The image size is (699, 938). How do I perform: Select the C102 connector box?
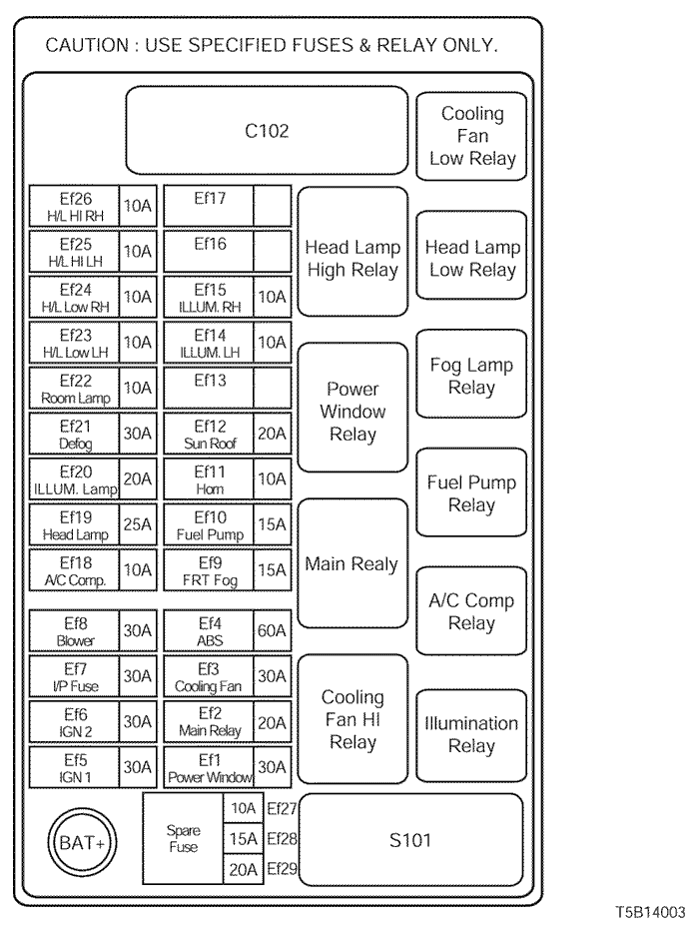[267, 131]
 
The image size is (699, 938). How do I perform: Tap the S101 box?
[410, 839]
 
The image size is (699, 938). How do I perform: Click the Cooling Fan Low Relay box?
[472, 136]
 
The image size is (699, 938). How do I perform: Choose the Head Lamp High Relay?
[352, 259]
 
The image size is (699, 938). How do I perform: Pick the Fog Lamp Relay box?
[471, 376]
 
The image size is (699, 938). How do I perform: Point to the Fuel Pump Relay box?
[471, 493]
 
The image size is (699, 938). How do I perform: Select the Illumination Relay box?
[471, 734]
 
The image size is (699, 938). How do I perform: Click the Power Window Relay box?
[352, 412]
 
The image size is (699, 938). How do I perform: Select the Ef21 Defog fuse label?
[75, 434]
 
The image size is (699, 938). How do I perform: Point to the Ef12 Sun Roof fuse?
[209, 434]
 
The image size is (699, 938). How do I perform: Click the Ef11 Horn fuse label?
[209, 478]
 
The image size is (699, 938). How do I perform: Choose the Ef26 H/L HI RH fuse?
[75, 206]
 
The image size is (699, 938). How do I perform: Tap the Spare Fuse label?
[183, 838]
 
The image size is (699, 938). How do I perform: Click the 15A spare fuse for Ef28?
[242, 839]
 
